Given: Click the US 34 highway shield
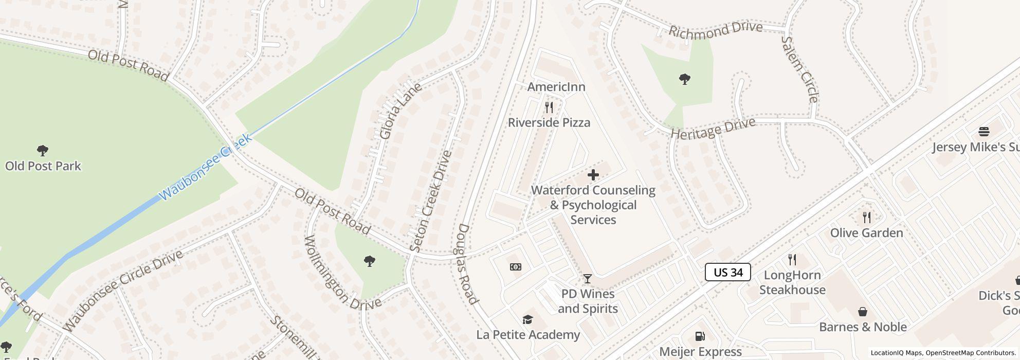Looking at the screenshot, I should tap(727, 272).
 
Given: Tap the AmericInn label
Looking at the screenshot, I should tap(556, 87).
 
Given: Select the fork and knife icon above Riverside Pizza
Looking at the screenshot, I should tap(549, 107).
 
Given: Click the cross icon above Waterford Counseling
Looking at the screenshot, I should tap(593, 175).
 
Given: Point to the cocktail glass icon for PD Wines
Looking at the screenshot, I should tap(587, 279).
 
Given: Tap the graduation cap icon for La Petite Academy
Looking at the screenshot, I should tap(527, 320).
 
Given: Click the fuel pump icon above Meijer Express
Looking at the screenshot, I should tap(700, 336).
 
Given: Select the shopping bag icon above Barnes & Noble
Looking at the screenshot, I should tap(863, 312).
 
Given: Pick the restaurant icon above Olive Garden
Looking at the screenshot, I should tap(867, 218).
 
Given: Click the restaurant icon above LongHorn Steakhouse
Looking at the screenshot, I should tap(792, 260).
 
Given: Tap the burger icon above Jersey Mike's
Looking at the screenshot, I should tap(983, 132).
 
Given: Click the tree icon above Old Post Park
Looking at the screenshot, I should tap(43, 151).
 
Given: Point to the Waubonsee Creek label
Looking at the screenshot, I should tap(206, 167).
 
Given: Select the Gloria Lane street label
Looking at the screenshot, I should tap(400, 111).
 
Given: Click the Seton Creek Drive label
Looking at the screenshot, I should tap(431, 201).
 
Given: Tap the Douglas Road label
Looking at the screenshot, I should tap(468, 264).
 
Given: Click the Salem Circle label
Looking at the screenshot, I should tap(799, 69).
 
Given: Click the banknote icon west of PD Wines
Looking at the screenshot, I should tap(516, 266).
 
